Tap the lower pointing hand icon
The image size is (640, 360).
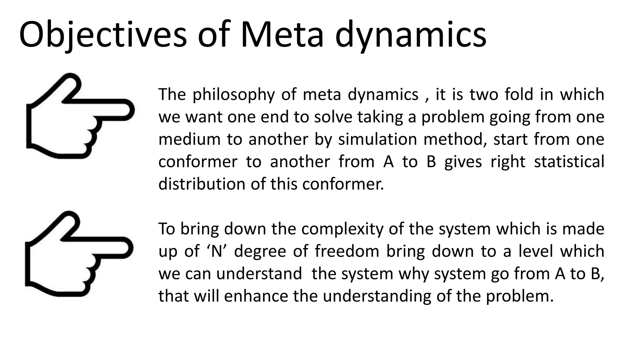(79, 254)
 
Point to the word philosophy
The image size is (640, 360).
(233, 95)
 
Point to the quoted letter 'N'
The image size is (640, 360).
(217, 251)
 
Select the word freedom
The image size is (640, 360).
(347, 251)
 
